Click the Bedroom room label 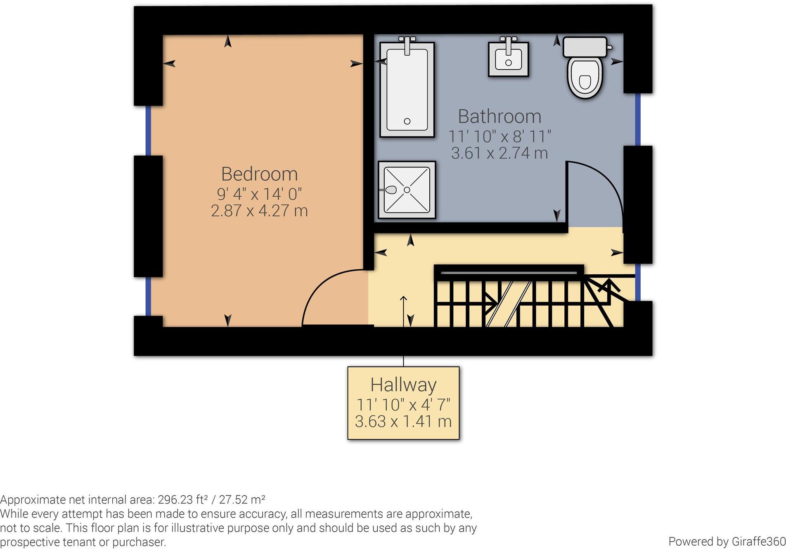pos(259,174)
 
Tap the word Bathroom pos(500,117)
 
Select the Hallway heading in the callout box pos(403,385)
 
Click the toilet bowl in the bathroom pos(585,78)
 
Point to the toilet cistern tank pos(585,47)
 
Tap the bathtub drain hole pos(407,121)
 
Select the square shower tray pos(407,190)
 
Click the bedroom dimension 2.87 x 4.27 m pos(259,211)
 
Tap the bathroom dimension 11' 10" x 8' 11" pos(500,136)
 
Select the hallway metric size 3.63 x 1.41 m pos(403,422)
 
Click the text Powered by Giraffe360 pos(727,541)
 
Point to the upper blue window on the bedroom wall pos(148,130)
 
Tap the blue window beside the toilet pos(637,119)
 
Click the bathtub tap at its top pos(407,45)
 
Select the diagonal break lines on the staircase pos(508,304)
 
